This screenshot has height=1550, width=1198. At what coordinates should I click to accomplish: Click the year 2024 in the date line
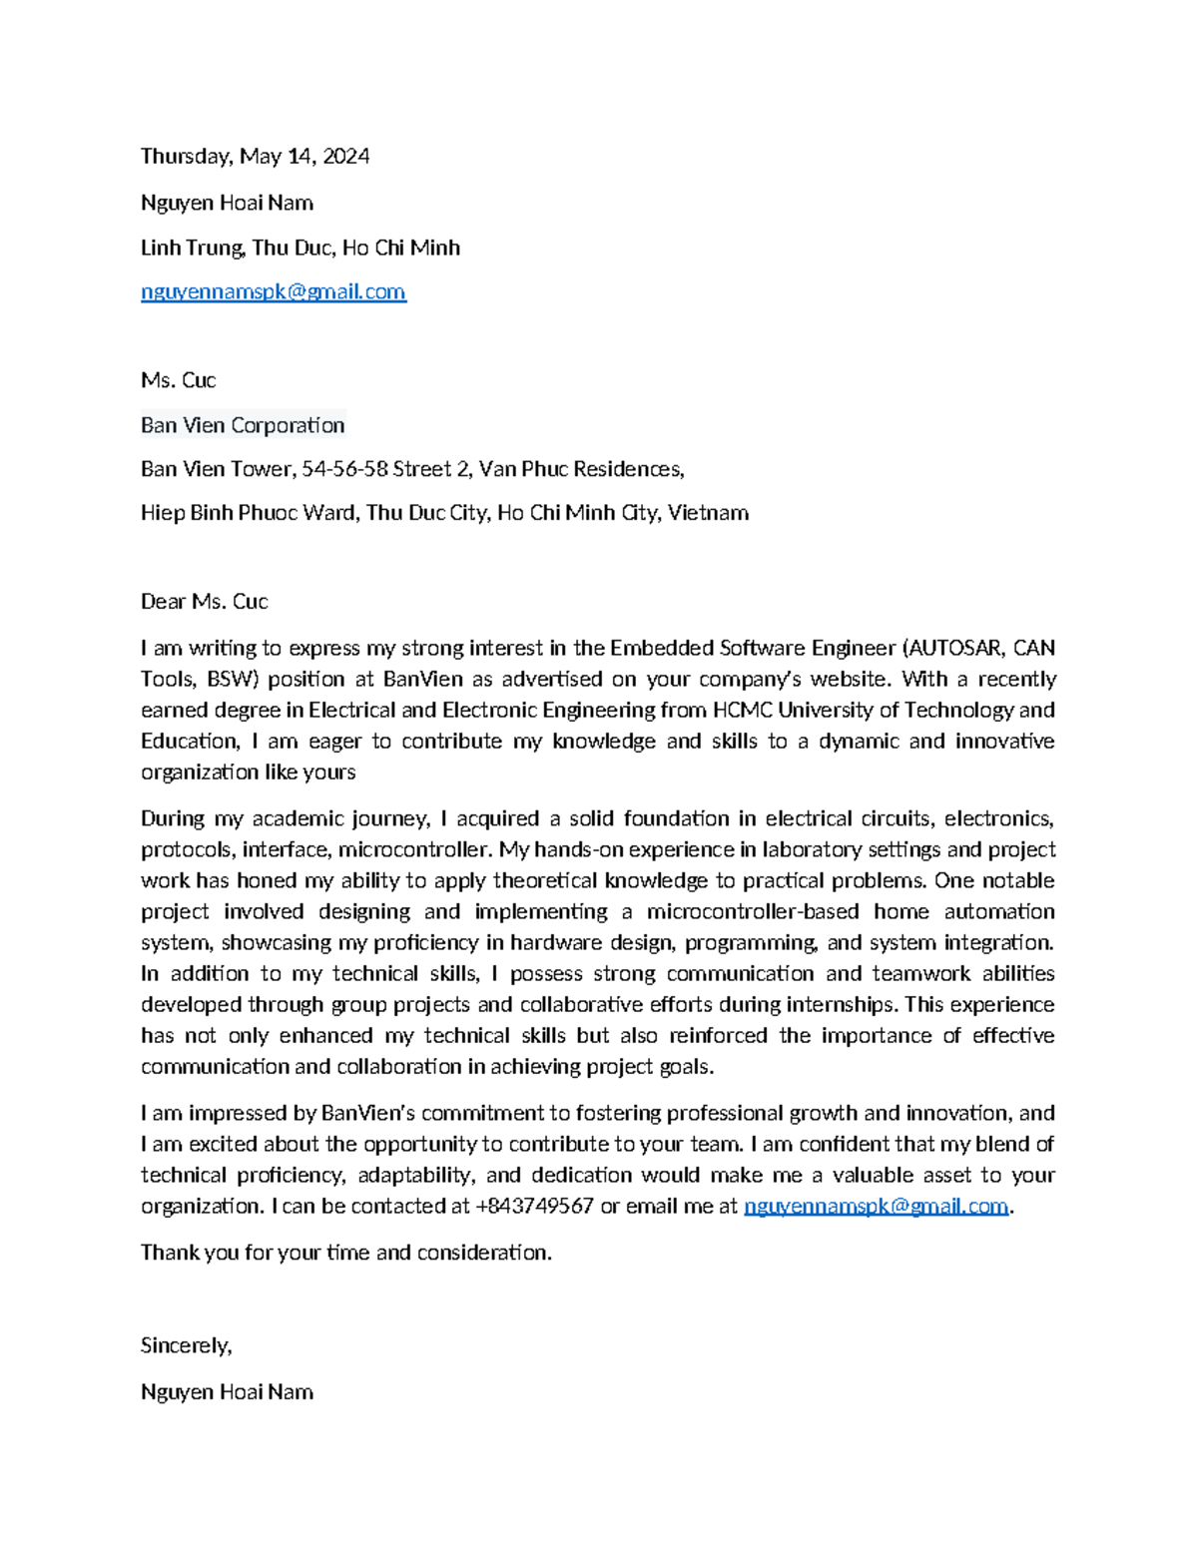[345, 157]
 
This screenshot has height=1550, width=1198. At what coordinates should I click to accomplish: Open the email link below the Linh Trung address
[273, 291]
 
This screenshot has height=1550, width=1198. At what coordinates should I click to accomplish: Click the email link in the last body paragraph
[876, 1206]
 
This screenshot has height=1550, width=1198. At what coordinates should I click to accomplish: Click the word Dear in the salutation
[163, 602]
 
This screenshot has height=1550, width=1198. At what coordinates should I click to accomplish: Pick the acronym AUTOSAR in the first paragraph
[955, 648]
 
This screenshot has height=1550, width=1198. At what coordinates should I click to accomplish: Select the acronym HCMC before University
[742, 710]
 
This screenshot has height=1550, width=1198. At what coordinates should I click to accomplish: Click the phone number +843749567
[534, 1206]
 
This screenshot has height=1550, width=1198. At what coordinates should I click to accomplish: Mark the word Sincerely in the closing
[186, 1345]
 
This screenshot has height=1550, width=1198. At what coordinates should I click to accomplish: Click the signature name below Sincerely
[227, 1392]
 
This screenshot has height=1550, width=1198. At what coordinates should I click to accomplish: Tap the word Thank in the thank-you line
[170, 1253]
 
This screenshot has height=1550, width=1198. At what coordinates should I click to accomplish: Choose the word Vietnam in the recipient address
[708, 513]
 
